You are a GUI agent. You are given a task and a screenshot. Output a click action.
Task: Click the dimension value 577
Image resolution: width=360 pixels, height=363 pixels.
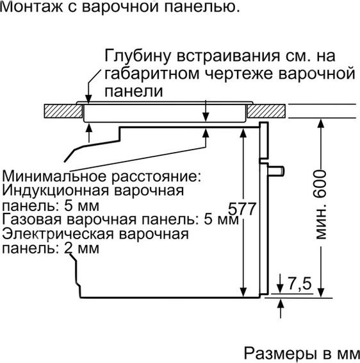[242, 209]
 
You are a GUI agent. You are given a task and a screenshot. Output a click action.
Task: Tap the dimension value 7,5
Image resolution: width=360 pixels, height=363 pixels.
[300, 283]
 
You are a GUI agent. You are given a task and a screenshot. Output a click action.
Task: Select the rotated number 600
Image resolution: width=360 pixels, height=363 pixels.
[320, 184]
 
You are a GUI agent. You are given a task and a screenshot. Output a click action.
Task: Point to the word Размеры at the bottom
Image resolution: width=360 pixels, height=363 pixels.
[280, 354]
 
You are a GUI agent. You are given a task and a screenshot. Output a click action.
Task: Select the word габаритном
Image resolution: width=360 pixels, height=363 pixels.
[152, 74]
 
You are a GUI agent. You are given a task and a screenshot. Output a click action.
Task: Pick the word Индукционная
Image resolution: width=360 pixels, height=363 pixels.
[55, 191]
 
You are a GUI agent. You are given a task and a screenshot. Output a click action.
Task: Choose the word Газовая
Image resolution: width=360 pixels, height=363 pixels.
[32, 219]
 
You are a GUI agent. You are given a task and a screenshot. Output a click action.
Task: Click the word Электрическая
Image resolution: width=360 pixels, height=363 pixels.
[58, 234]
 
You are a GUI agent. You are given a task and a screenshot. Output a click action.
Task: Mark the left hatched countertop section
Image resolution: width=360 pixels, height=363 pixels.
[63, 111]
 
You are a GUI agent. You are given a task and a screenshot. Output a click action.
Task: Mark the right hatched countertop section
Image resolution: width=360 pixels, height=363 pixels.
[266, 111]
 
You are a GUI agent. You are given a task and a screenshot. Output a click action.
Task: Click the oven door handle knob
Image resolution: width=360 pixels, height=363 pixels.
[277, 171]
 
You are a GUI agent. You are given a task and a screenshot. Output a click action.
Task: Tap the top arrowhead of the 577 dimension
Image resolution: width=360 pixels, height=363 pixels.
[243, 133]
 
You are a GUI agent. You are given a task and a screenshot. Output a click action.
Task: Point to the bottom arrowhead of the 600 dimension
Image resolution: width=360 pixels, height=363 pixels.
[320, 293]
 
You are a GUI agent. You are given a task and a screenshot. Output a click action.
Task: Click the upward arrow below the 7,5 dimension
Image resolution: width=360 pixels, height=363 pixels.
[281, 309]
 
